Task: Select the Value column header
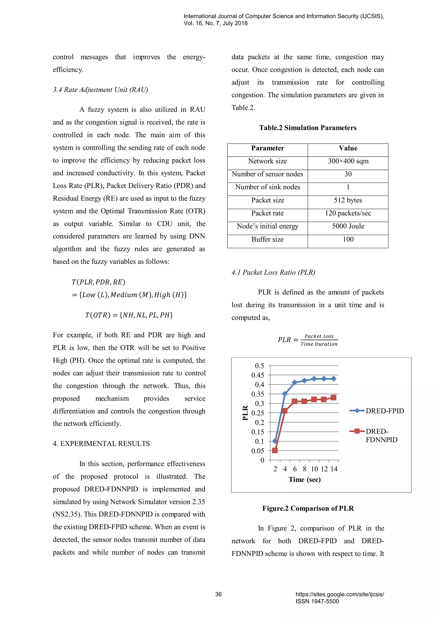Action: (348, 148)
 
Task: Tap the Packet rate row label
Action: (268, 213)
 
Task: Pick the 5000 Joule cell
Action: (348, 226)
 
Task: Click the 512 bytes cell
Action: (348, 200)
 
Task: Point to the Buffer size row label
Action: (268, 239)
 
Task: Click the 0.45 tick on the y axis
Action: (258, 375)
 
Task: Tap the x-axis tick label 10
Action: (314, 469)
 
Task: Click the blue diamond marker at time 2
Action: (275, 441)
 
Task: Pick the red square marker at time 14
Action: (333, 398)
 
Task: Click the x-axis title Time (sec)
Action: (305, 480)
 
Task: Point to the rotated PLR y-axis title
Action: (245, 413)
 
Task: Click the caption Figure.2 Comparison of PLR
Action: (308, 509)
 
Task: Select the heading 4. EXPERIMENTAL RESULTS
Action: (101, 444)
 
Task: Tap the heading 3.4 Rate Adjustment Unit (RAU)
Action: (100, 90)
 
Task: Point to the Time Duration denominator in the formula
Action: (319, 344)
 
